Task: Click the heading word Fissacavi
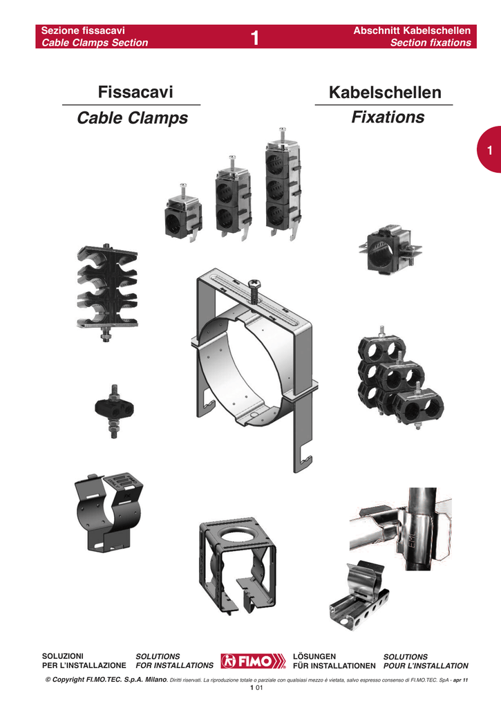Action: coord(135,92)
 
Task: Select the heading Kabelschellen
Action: coord(385,92)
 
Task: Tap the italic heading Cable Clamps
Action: coord(132,118)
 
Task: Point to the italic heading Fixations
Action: coord(388,117)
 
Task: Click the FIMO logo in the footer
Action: coord(253,661)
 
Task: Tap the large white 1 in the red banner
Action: coord(255,38)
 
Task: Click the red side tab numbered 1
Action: coord(489,149)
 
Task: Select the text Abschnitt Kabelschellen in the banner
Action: coord(412,30)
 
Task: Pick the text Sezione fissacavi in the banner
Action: coord(83,30)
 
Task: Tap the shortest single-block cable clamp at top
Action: coord(183,213)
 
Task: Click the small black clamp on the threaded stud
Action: coord(114,411)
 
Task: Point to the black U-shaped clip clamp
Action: coord(108,514)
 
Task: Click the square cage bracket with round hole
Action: coord(237,564)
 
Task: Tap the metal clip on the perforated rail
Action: coord(359,595)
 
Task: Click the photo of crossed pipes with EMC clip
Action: coord(400,528)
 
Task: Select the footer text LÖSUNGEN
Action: coord(314,657)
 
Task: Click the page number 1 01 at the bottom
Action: coord(256,688)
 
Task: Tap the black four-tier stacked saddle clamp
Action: coord(107,293)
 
